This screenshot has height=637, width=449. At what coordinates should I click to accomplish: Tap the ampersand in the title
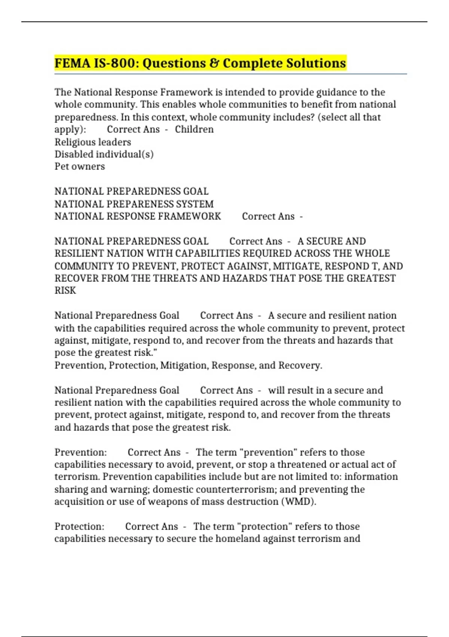(214, 63)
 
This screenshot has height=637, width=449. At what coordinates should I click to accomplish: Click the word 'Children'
(194, 129)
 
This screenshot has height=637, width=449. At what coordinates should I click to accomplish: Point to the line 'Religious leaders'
(93, 142)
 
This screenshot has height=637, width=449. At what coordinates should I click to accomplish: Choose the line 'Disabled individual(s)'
(104, 154)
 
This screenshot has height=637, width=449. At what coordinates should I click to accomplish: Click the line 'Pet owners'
(80, 166)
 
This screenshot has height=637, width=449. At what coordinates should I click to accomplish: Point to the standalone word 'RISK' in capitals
(65, 290)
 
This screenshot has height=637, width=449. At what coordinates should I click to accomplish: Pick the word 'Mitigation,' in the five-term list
(184, 365)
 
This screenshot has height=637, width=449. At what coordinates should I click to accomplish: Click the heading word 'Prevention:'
(80, 452)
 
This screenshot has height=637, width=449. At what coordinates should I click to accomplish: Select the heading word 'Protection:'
(79, 526)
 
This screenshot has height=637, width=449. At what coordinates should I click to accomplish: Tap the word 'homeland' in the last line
(236, 539)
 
